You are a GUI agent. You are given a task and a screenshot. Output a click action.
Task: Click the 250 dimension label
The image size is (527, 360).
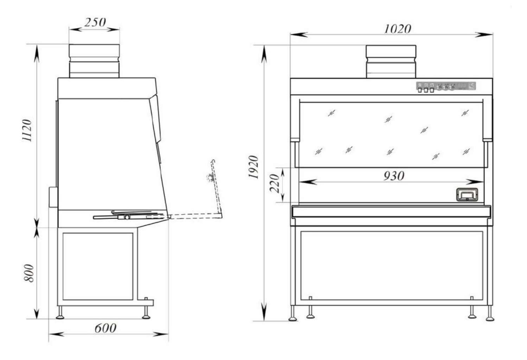coord(95,22)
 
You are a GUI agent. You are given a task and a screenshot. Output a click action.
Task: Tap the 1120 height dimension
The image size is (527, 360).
coord(27,130)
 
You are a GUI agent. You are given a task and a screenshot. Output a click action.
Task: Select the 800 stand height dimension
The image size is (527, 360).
coord(29,273)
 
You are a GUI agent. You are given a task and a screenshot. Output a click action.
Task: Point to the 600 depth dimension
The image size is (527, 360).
coord(106,328)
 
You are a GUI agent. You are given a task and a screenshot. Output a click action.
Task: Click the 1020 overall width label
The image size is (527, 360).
coord(398,29)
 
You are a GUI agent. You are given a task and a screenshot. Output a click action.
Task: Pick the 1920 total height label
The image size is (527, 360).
coord(254,167)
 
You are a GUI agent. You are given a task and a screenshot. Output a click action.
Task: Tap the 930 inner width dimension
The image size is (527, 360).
coord(394,176)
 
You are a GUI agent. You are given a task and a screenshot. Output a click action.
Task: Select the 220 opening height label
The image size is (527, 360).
coord(274,183)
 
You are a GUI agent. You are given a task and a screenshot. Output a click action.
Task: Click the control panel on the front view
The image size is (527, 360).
coord(446,86)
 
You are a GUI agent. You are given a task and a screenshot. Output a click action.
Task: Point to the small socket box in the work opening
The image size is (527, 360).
coord(467,195)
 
